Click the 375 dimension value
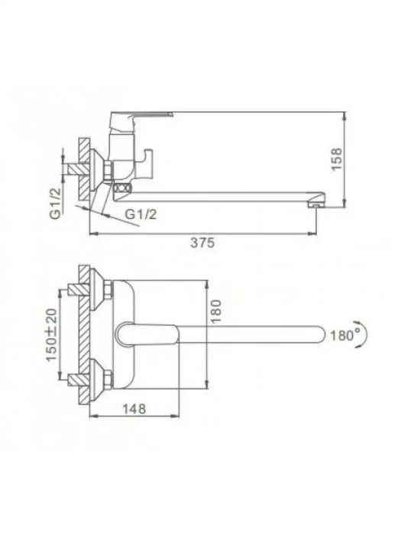[x=202, y=243]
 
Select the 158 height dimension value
[x=336, y=159]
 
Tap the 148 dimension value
[x=134, y=409]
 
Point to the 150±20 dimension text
[x=52, y=335]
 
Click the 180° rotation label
[x=342, y=336]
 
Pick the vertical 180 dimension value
[x=216, y=311]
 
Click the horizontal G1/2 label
[x=141, y=214]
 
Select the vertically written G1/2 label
[x=56, y=203]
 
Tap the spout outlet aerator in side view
[x=315, y=205]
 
